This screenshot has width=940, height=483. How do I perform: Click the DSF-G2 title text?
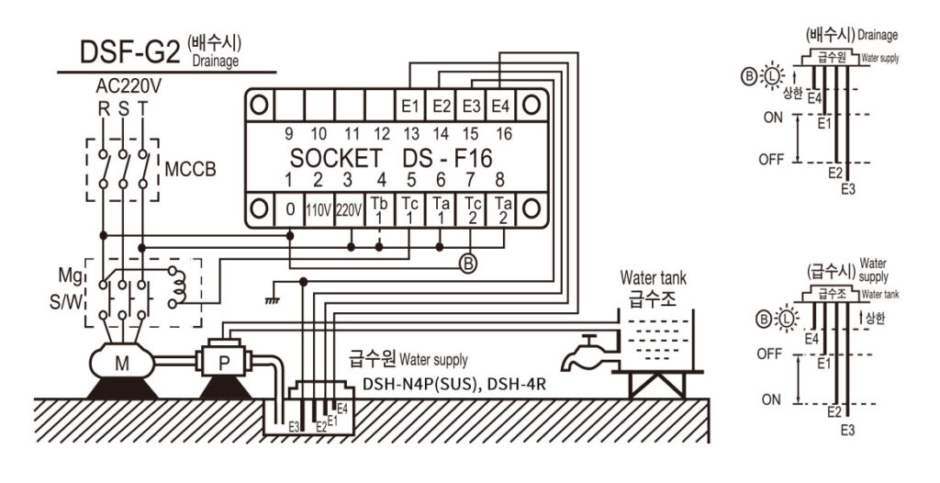tap(129, 52)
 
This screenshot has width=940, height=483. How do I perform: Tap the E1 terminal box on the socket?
tap(410, 106)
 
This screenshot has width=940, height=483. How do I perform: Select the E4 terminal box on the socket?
tap(500, 106)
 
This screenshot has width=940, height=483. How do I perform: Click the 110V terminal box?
tap(319, 210)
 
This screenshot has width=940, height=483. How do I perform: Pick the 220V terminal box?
tap(348, 210)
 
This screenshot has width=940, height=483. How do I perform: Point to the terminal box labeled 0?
tap(289, 210)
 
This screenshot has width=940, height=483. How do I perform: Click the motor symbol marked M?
tap(122, 363)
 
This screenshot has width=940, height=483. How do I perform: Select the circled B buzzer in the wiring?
tap(467, 264)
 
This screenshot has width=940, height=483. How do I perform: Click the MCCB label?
tap(190, 170)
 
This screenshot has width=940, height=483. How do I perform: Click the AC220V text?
tap(129, 87)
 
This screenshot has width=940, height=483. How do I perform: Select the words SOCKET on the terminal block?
tap(336, 159)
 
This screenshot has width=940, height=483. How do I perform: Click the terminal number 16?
tap(505, 134)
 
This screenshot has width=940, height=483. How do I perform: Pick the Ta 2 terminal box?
tap(502, 210)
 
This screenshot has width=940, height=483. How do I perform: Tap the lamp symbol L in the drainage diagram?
tap(772, 77)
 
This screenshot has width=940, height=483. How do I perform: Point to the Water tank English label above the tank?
tap(653, 278)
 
